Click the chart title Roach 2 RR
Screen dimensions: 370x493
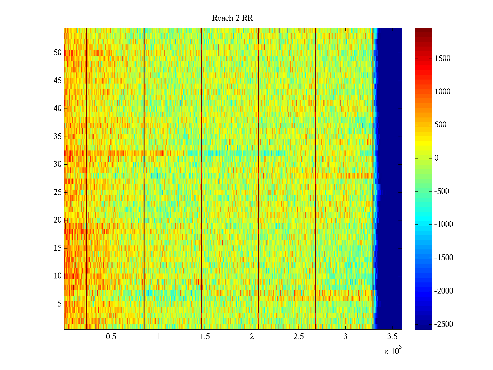tap(232, 18)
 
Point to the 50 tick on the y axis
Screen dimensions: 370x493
tap(58, 53)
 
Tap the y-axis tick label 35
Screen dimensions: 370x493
tap(58, 137)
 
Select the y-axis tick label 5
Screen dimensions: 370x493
tap(59, 304)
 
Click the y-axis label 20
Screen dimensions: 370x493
tap(58, 220)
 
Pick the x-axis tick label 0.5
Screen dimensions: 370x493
tap(111, 337)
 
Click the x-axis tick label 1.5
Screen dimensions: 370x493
tap(205, 337)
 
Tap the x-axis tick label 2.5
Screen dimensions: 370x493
tap(299, 337)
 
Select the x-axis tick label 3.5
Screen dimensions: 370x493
tap(392, 337)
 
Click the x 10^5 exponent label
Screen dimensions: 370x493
tap(393, 351)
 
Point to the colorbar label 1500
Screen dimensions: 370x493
tap(442, 59)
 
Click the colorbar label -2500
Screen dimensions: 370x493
tap(444, 324)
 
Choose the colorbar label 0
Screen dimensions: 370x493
tap(436, 158)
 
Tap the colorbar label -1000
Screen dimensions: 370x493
tap(444, 224)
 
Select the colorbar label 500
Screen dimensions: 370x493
tap(441, 125)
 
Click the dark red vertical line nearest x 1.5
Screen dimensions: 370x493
tap(201, 179)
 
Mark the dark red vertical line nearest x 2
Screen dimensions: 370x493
tap(259, 179)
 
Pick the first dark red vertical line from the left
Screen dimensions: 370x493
tap(87, 179)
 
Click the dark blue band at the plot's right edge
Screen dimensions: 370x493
tap(390, 179)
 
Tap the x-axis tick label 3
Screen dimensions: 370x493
tap(345, 337)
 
